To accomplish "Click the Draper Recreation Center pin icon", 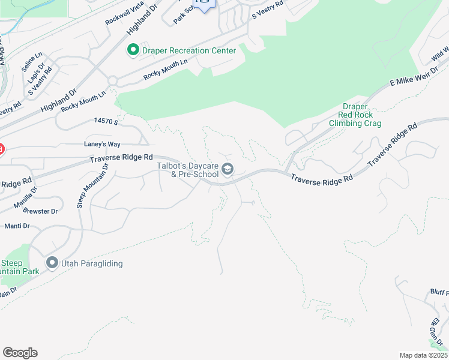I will (133, 50).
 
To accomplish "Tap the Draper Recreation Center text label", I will (189, 50).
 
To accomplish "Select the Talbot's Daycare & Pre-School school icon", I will (227, 169).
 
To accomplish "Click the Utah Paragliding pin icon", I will (52, 263).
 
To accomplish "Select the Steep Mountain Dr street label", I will (93, 185).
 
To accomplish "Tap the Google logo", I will (20, 353).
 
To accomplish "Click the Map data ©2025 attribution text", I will (424, 355).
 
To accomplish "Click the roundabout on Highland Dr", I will (112, 80).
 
